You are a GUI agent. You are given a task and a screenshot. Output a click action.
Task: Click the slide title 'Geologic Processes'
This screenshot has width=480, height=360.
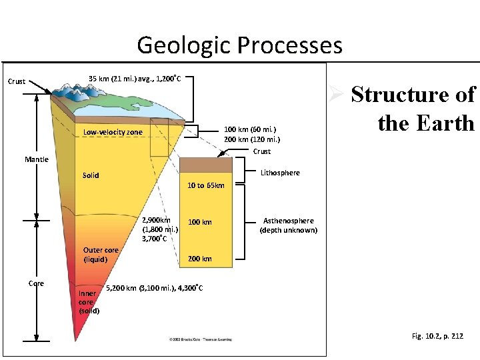click(x=239, y=45)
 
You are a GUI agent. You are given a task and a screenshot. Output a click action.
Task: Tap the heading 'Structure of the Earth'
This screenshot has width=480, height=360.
click(x=413, y=109)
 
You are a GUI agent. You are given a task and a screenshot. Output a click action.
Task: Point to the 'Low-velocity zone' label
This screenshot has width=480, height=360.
click(x=113, y=132)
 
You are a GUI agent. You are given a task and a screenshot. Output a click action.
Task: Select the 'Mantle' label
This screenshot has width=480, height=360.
click(x=37, y=159)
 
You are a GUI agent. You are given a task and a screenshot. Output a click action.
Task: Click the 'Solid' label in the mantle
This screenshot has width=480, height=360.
click(x=91, y=175)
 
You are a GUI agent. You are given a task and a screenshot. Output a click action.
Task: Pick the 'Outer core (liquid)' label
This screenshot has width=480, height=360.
click(x=100, y=255)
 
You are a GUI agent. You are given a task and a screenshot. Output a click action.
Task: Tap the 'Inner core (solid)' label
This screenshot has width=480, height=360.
click(x=89, y=301)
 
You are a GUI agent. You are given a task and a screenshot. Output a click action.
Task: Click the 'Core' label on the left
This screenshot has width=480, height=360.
click(x=36, y=283)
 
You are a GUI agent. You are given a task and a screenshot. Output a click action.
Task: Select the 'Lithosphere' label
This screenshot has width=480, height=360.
click(x=280, y=173)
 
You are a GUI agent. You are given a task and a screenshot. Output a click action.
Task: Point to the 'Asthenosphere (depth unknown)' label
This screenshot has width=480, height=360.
click(x=289, y=225)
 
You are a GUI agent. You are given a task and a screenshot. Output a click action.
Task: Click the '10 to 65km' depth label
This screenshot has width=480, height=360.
click(x=206, y=185)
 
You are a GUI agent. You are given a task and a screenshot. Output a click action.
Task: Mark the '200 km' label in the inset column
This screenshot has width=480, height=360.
click(x=199, y=259)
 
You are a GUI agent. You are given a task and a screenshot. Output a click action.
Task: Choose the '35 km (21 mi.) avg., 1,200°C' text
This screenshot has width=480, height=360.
click(x=135, y=79)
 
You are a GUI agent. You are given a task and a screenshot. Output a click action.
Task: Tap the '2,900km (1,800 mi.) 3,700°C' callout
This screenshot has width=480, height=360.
click(x=157, y=229)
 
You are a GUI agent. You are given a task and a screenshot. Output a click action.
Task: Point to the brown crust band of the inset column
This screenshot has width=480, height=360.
click(x=206, y=165)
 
